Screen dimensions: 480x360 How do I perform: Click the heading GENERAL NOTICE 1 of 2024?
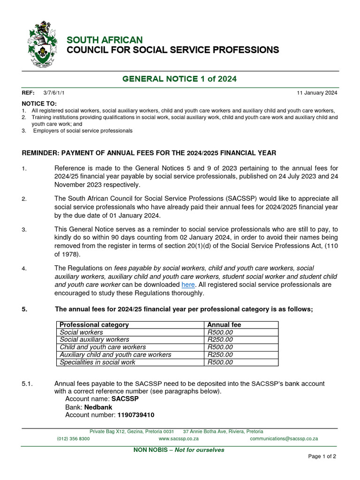tap(180, 79)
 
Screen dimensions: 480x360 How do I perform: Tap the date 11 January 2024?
tap(317, 93)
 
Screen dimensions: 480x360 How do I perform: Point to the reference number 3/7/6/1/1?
tap(54, 93)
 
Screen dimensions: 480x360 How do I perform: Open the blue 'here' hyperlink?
tap(187, 285)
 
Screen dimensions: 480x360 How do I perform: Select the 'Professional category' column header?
tap(94, 325)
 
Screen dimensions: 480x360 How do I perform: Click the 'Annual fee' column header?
tap(224, 325)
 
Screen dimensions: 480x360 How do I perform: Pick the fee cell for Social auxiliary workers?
tap(220, 339)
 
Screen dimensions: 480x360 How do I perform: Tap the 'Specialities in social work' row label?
tap(97, 362)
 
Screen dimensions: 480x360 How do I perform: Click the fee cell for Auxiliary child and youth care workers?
tap(220, 354)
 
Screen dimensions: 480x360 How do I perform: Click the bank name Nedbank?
tap(98, 407)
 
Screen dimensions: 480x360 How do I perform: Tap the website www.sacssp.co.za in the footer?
tap(179, 439)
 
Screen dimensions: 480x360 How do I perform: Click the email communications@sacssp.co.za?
tap(284, 439)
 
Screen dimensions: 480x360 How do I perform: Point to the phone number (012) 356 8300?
tap(74, 439)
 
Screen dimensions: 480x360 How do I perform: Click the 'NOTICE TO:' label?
tap(39, 103)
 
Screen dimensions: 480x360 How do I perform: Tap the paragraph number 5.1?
tap(27, 384)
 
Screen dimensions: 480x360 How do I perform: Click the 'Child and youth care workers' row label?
tap(103, 347)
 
